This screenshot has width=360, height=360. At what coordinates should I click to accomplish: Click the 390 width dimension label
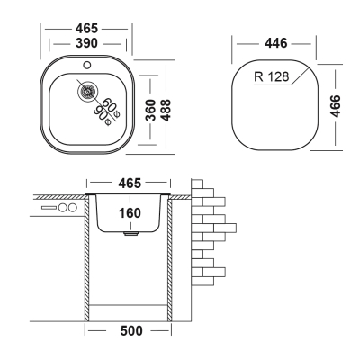click(86, 43)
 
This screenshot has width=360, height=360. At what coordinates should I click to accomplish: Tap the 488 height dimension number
click(166, 110)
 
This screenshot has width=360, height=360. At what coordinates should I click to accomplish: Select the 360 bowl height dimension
click(150, 110)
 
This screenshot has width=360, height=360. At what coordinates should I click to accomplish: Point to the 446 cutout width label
click(276, 43)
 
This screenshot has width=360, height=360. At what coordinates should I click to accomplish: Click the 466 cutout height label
click(335, 106)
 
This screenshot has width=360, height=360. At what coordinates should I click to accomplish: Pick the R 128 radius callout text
click(272, 76)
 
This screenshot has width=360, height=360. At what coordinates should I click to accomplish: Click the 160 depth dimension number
click(130, 213)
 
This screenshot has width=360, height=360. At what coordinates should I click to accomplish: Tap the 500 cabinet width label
click(131, 331)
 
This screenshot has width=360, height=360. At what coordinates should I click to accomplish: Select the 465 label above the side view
click(130, 183)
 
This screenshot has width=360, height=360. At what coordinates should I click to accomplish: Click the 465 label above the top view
click(86, 29)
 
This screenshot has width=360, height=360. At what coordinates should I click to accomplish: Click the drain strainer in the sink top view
click(87, 92)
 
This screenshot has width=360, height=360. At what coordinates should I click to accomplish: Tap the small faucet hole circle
click(87, 65)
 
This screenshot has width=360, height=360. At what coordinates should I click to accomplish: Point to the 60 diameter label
click(111, 106)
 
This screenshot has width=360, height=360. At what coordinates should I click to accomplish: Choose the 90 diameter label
click(103, 115)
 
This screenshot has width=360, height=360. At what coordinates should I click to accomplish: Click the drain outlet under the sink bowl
click(131, 234)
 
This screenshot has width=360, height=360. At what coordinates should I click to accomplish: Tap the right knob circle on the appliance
click(73, 207)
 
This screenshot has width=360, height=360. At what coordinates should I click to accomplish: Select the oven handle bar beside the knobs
click(49, 207)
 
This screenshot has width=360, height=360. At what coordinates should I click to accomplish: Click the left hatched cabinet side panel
click(87, 258)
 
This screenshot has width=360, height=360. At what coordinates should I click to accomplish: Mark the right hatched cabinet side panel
click(169, 258)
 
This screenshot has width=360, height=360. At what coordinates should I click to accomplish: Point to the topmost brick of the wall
click(197, 184)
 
